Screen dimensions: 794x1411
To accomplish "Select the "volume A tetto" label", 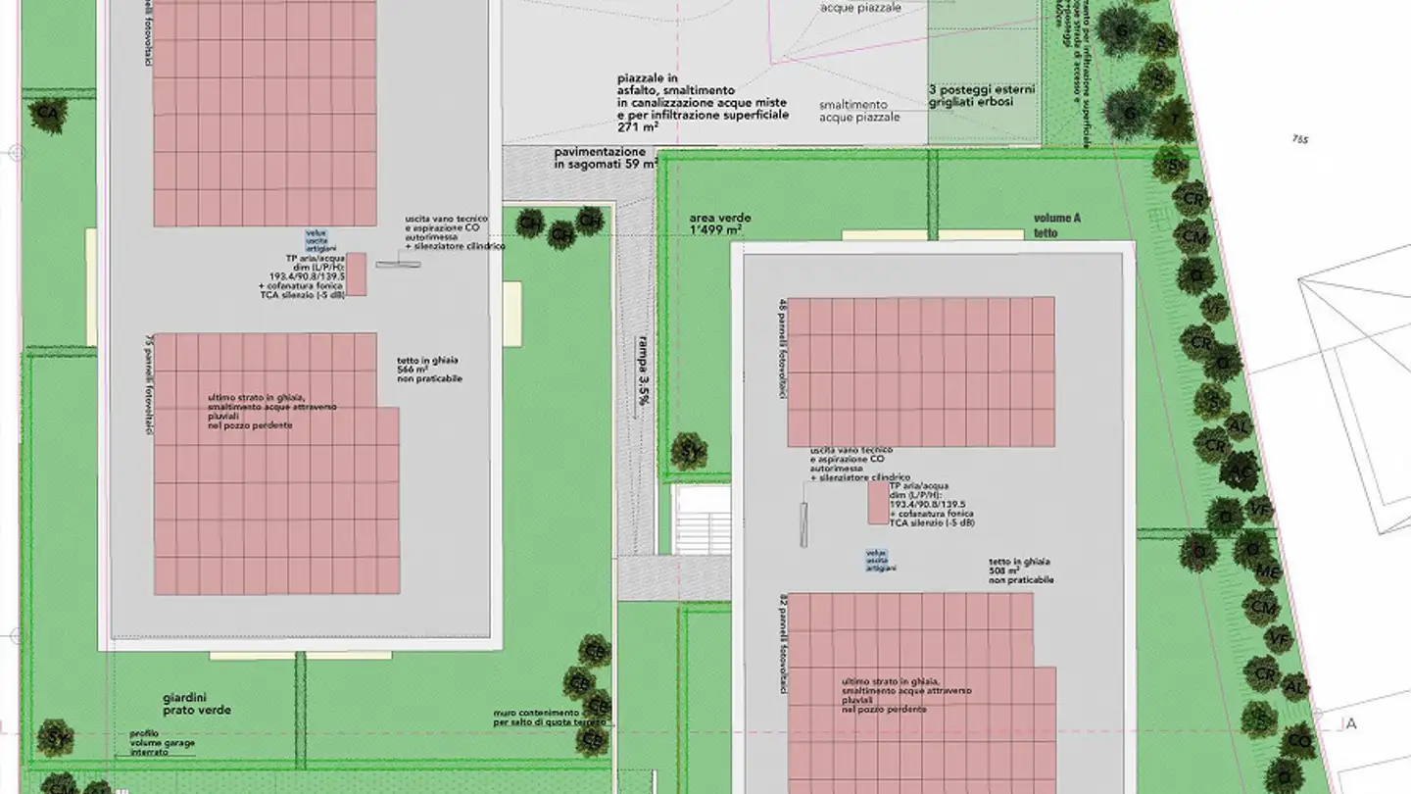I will [x=1055, y=225].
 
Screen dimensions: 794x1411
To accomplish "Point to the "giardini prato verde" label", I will [x=197, y=704].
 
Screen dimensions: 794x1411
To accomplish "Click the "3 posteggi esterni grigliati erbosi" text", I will [x=981, y=96].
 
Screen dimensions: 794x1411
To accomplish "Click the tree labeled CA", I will [x=46, y=113].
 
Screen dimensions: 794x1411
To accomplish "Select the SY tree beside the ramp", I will [x=689, y=452].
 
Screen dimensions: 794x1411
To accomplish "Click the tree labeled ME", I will [x=1267, y=572].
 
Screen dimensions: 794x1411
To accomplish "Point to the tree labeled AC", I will [x=1241, y=473].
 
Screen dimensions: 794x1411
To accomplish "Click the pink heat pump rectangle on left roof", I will [x=358, y=273].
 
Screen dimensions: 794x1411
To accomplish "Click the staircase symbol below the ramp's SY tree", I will [x=701, y=520].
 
